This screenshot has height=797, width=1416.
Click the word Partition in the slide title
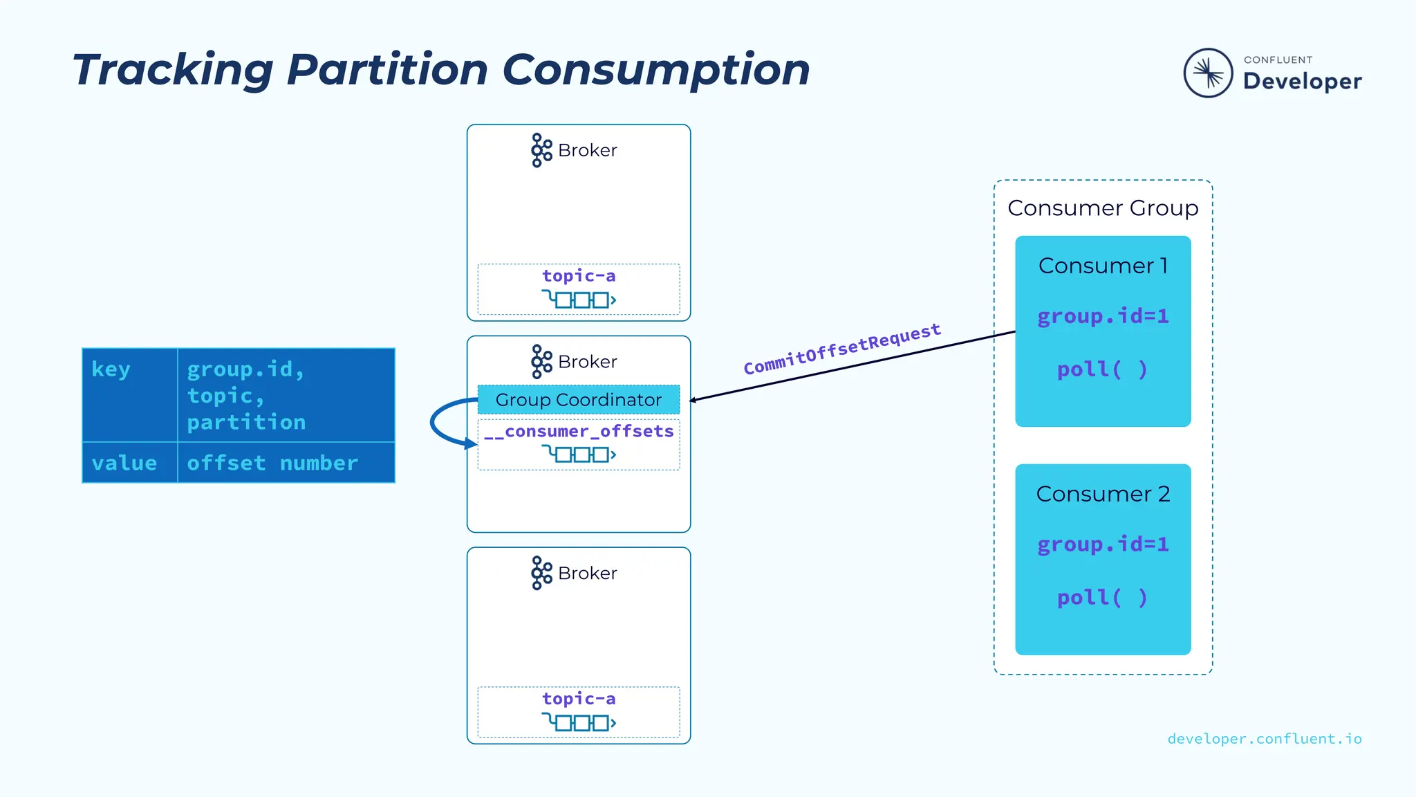(x=387, y=70)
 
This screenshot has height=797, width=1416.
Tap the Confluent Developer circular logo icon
(x=1208, y=73)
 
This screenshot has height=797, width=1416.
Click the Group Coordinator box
(x=578, y=399)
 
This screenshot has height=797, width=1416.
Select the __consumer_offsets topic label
(x=579, y=432)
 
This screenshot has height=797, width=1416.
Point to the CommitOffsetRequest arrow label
(x=841, y=349)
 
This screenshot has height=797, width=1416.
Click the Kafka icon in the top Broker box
(x=541, y=150)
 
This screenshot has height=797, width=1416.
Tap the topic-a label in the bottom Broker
(x=578, y=699)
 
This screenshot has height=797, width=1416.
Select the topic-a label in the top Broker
(x=578, y=276)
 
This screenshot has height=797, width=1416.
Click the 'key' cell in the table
(x=111, y=369)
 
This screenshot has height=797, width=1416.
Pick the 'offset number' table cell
(x=272, y=463)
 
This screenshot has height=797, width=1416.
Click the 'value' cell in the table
(x=124, y=463)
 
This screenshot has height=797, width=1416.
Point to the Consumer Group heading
(x=1102, y=208)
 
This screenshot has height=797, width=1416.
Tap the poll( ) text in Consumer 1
(x=1102, y=369)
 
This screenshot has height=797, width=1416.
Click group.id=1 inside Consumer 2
(x=1102, y=544)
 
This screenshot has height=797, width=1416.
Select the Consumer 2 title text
(x=1102, y=494)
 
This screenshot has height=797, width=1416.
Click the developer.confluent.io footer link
(x=1264, y=739)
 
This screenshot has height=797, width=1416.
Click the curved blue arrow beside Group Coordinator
(x=436, y=422)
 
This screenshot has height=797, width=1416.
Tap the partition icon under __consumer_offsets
(x=578, y=455)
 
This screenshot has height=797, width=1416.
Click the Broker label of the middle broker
(x=587, y=362)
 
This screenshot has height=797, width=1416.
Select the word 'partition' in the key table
(x=246, y=422)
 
